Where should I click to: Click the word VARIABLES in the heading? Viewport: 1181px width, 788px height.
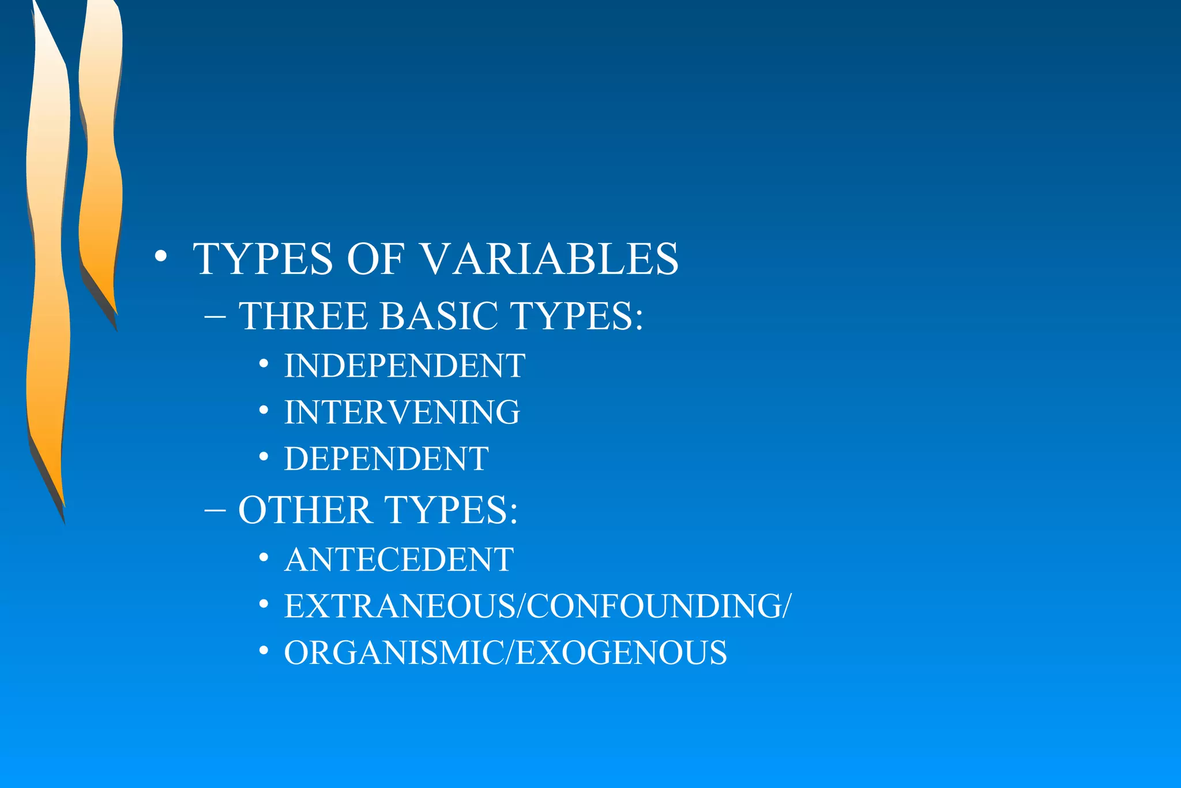(551, 259)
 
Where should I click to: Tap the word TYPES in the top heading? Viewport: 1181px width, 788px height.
(263, 259)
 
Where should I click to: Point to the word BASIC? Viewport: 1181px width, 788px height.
(438, 316)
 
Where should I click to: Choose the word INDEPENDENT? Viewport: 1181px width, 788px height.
(404, 366)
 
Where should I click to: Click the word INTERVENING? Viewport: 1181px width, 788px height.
(402, 412)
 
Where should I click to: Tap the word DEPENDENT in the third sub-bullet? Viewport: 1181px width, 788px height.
(386, 459)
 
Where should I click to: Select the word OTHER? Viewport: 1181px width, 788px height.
(305, 511)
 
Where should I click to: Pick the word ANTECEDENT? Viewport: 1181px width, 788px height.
(398, 560)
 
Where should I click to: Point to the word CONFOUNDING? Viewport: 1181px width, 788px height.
(654, 606)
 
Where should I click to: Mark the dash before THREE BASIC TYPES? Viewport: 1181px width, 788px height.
(215, 317)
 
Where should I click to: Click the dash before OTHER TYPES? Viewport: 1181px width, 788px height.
(215, 511)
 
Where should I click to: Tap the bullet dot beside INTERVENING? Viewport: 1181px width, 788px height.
(264, 410)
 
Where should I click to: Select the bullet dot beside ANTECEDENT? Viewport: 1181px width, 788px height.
(264, 557)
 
